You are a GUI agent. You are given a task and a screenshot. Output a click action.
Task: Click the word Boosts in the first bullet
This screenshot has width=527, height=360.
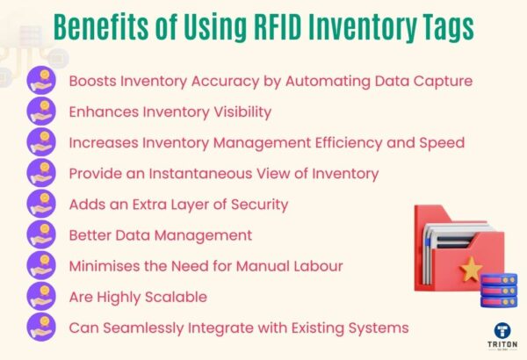click(x=93, y=82)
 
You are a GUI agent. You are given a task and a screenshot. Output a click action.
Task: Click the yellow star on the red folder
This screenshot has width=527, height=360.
click(x=472, y=269)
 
